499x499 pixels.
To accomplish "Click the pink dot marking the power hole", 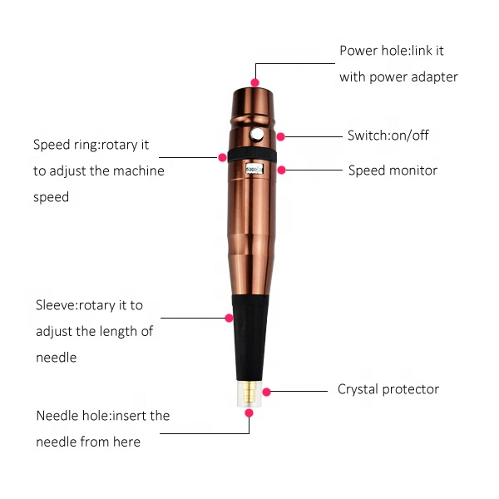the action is coord(254,82).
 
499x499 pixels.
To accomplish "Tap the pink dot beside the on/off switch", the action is coord(280,137).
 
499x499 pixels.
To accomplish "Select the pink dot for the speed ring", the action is coord(222,157).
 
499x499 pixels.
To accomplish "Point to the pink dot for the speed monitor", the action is coord(281,170).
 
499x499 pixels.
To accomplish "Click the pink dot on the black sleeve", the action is coord(229,318).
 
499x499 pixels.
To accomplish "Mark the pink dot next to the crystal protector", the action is coord(267,392).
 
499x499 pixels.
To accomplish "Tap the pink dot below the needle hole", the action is coord(249,413).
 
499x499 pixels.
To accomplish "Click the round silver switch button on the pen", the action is coord(256,135).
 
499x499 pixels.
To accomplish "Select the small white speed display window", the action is coord(254,170).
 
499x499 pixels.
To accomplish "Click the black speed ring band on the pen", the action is coord(252,156).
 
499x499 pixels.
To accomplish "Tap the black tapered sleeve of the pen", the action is coord(250,338).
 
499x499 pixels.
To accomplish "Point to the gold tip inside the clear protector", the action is coord(249,393).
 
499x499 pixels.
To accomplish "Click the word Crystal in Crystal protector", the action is coord(358,389).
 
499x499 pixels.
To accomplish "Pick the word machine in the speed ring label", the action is coord(139,170).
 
